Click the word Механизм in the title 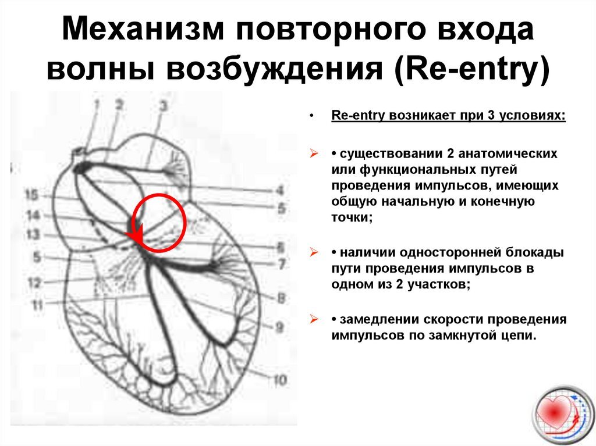click(x=143, y=29)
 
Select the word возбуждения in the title click(x=274, y=69)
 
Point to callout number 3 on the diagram click(x=164, y=105)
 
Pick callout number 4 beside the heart click(x=280, y=190)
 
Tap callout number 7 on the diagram click(x=282, y=264)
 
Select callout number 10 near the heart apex click(x=280, y=380)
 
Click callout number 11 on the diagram click(x=37, y=304)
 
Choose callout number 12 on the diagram click(x=34, y=283)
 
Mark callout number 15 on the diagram click(x=32, y=195)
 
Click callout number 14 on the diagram click(x=33, y=215)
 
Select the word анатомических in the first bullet click(x=508, y=154)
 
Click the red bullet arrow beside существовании click(x=314, y=154)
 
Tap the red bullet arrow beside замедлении click(x=314, y=319)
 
